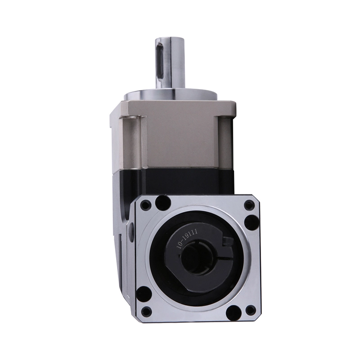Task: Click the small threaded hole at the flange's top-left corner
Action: pos(145,206)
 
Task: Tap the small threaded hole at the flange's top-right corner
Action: pos(249,205)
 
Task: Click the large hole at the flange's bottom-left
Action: pos(144,295)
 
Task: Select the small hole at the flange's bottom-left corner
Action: pos(146,311)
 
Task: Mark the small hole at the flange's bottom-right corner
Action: pos(250,310)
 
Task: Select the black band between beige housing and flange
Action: pos(180,180)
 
